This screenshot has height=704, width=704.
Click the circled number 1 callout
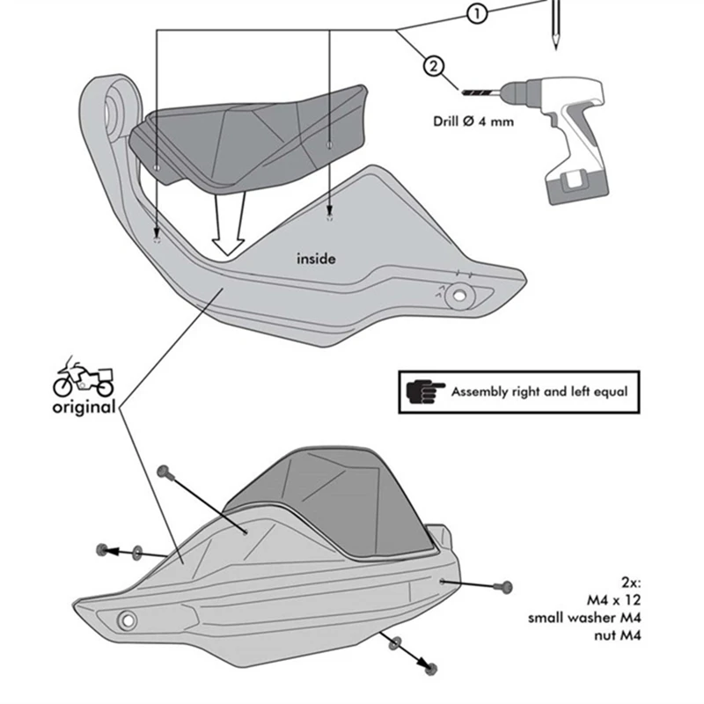pyautogui.click(x=476, y=14)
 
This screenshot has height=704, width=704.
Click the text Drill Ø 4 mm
pyautogui.click(x=473, y=121)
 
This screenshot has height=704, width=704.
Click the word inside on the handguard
pyautogui.click(x=316, y=259)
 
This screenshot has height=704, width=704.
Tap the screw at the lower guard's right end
pyautogui.click(x=503, y=584)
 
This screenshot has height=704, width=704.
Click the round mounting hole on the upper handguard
pyautogui.click(x=456, y=296)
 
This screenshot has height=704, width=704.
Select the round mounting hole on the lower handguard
pyautogui.click(x=125, y=620)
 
